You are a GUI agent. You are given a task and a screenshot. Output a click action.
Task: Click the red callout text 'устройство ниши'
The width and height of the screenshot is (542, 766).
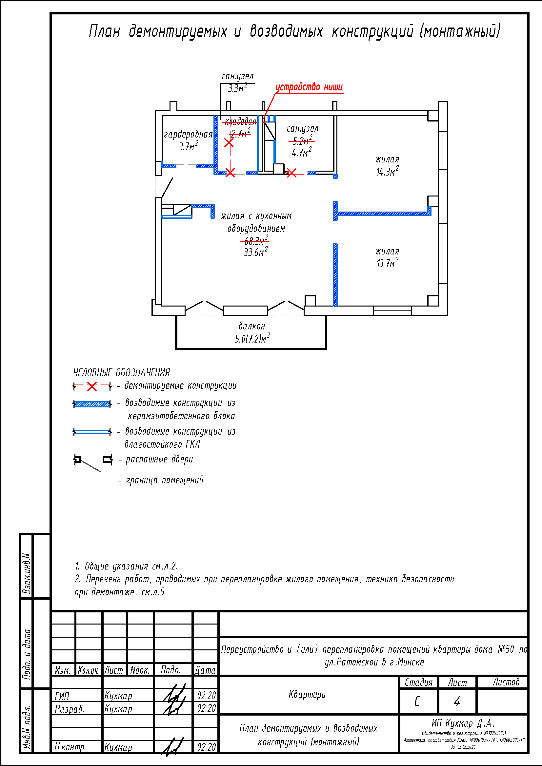click(309, 87)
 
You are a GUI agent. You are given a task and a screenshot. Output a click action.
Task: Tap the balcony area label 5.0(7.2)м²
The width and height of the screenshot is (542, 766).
click(252, 339)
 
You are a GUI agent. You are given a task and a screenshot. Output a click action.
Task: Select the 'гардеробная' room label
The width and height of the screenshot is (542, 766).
click(188, 135)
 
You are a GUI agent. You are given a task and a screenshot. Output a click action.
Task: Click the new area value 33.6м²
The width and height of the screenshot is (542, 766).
click(255, 252)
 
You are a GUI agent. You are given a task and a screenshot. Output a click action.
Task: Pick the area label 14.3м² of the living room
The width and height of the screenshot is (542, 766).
click(387, 172)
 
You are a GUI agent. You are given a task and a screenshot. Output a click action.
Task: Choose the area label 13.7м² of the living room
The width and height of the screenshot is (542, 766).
click(387, 263)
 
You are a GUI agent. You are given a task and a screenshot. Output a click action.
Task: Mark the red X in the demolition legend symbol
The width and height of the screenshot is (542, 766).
click(92, 387)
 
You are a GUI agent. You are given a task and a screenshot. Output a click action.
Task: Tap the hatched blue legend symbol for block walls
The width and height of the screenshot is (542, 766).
click(92, 404)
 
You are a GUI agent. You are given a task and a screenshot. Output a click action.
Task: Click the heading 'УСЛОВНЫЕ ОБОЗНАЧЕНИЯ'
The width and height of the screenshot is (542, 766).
click(122, 373)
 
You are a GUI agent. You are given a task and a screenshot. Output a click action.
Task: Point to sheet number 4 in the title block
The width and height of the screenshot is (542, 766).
click(457, 701)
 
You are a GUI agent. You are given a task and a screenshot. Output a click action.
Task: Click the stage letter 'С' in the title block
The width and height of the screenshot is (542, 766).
click(417, 701)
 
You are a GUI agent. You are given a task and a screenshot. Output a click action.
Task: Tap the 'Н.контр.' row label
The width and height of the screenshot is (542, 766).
click(70, 747)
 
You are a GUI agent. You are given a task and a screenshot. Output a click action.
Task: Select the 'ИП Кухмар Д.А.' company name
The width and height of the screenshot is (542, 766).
click(463, 723)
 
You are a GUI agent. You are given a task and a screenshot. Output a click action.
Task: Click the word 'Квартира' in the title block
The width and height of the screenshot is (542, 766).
click(307, 695)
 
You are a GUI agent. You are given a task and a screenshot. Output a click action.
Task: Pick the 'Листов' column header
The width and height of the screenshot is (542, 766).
click(506, 682)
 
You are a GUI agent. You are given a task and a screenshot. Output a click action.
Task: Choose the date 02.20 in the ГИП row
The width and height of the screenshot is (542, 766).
click(206, 696)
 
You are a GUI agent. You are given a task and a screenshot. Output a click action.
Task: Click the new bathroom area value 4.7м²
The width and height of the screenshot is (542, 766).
click(301, 153)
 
